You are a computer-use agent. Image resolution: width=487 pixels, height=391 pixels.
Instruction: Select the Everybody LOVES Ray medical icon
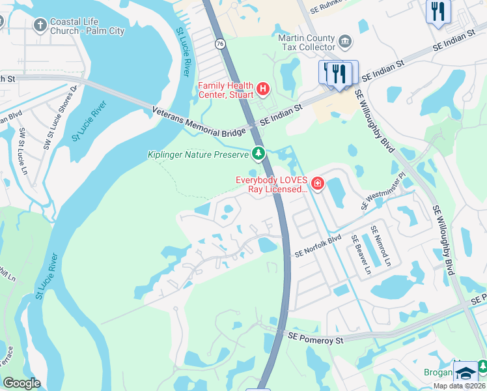click(318, 184)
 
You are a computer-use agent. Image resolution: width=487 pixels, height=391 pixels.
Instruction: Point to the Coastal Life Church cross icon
click(40, 25)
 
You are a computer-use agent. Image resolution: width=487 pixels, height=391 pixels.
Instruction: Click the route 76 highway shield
click(220, 44)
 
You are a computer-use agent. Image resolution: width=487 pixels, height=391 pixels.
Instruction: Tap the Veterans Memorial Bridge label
click(199, 122)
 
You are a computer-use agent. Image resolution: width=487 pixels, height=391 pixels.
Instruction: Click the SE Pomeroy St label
click(315, 339)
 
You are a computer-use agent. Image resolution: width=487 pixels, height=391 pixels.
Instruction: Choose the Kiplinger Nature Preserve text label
click(199, 154)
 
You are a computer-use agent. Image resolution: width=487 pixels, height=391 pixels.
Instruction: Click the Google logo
click(21, 383)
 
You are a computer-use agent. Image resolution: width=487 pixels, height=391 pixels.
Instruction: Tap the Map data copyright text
click(460, 386)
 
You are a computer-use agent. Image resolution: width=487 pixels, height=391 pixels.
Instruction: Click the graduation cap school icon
click(466, 374)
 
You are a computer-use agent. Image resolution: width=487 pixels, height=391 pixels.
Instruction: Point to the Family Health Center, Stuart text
click(226, 90)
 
